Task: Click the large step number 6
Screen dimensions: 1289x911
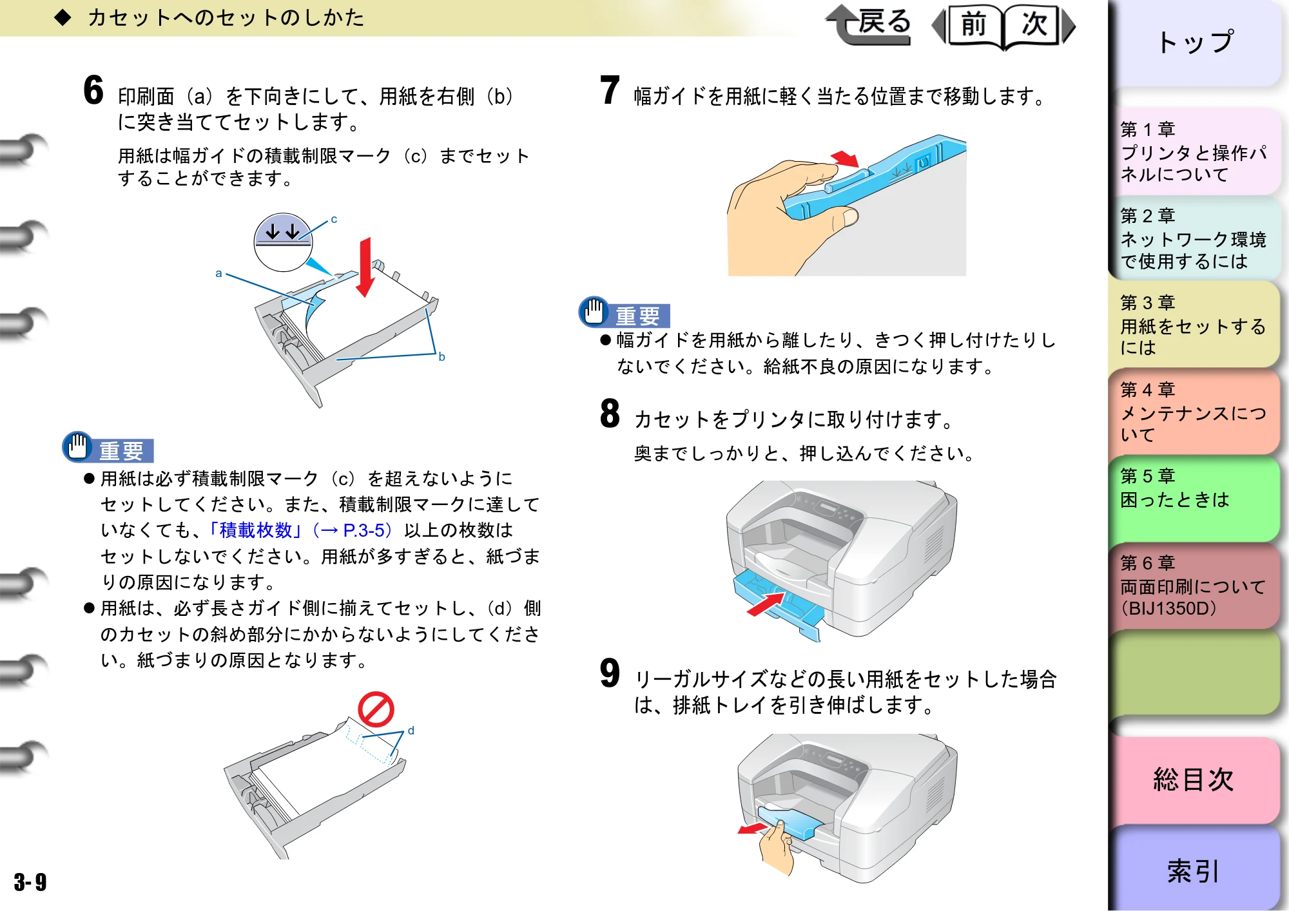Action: click(93, 90)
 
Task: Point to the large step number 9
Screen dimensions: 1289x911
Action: click(610, 673)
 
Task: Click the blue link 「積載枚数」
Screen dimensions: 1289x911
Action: click(256, 530)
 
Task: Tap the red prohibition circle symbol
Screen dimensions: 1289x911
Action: click(376, 710)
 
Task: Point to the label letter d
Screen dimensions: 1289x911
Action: click(411, 731)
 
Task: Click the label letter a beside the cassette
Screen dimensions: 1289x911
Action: click(219, 274)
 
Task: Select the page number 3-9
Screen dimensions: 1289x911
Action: click(30, 882)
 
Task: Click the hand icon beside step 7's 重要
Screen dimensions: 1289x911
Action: click(594, 312)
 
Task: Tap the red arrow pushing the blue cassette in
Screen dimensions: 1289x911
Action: click(766, 604)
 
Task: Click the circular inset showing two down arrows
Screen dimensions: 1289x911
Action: click(283, 242)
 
